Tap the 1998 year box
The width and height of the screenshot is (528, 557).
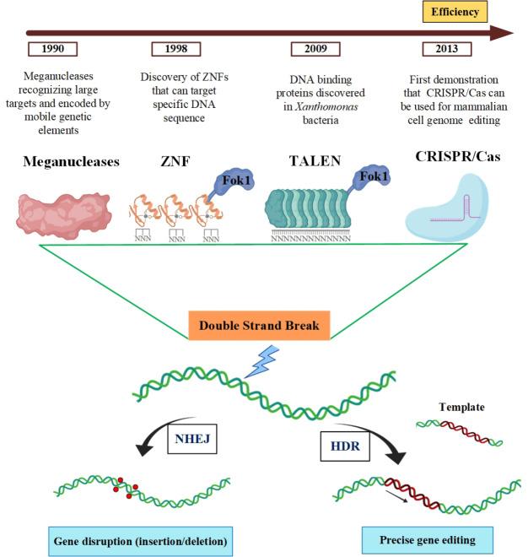(177, 49)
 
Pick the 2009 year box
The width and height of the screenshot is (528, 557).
(315, 49)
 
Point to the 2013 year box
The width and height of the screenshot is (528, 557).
(440, 49)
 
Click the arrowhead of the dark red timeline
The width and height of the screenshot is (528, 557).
(504, 33)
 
